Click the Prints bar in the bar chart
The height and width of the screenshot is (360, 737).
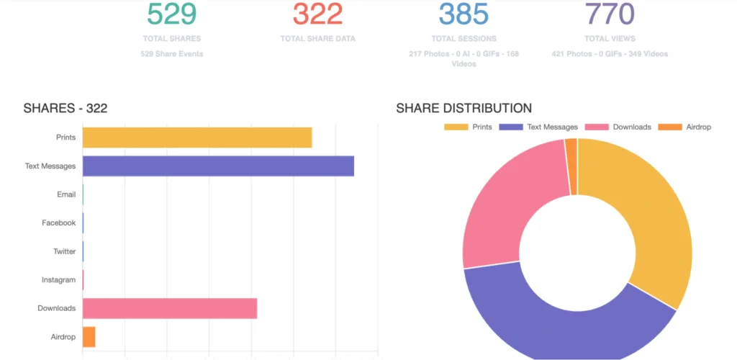click(x=196, y=138)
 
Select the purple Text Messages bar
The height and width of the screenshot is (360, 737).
click(x=218, y=166)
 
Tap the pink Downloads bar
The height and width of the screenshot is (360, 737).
click(x=170, y=308)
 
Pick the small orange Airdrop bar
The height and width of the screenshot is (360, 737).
click(x=89, y=336)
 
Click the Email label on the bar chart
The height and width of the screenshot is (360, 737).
click(x=66, y=194)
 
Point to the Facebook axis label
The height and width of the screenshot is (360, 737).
click(x=58, y=223)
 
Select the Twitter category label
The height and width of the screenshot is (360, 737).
click(x=64, y=251)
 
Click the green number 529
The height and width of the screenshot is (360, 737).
click(x=172, y=14)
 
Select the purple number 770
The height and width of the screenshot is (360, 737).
click(x=610, y=14)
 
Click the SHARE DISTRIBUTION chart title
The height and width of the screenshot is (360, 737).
click(x=464, y=109)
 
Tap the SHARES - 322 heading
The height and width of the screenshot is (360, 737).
click(x=65, y=109)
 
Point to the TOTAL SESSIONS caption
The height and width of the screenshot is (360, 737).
click(x=464, y=39)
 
